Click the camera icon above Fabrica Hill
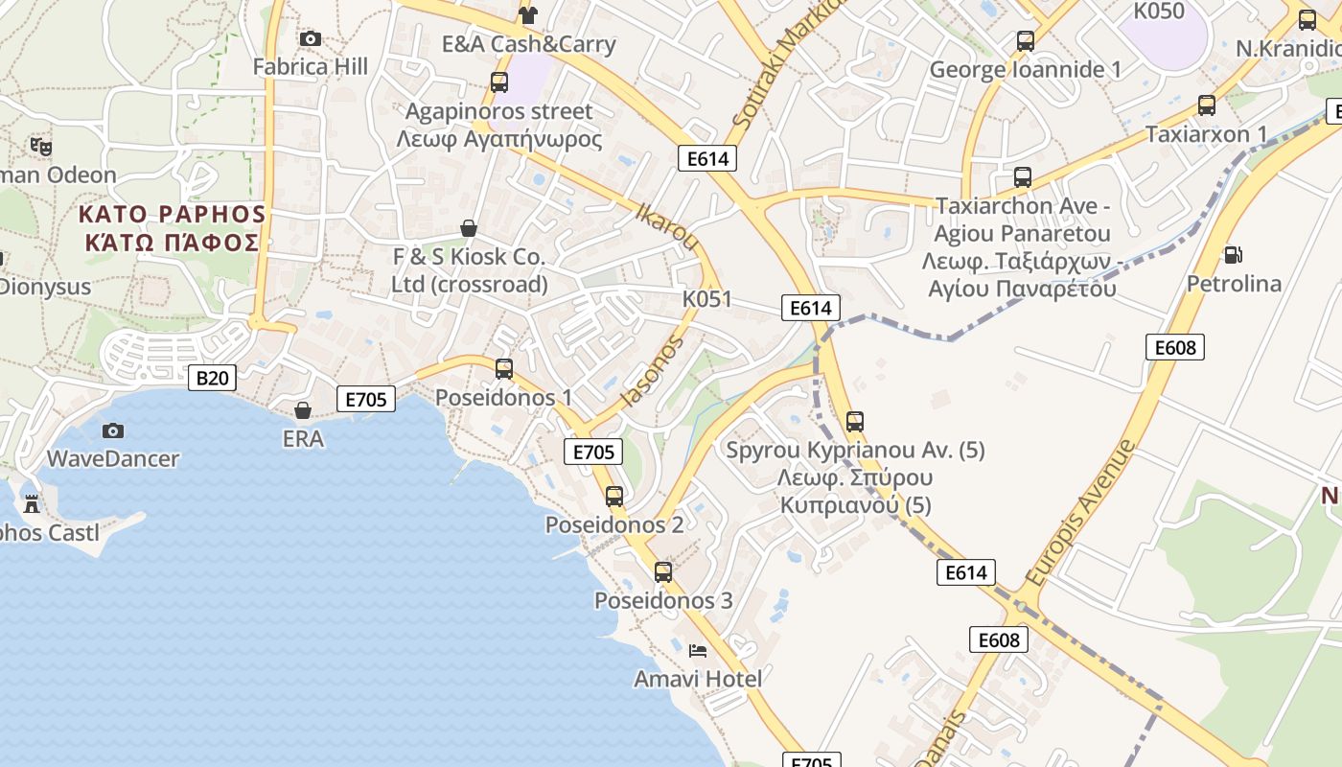(x=310, y=39)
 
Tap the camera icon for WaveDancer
(x=113, y=431)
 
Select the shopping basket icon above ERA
(x=303, y=411)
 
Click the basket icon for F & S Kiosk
(x=469, y=228)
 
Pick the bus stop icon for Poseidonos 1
(x=504, y=369)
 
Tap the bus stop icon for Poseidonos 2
(x=614, y=497)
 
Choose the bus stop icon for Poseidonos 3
(x=663, y=572)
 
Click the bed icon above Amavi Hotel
(x=698, y=651)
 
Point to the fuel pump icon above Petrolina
(x=1233, y=255)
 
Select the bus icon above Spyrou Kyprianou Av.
(x=855, y=422)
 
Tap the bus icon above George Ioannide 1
(x=1026, y=41)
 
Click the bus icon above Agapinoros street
(x=499, y=82)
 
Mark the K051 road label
(x=707, y=299)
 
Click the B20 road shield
(x=212, y=378)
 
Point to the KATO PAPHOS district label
(x=172, y=227)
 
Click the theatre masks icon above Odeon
(x=40, y=147)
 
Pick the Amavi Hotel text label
(x=698, y=679)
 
